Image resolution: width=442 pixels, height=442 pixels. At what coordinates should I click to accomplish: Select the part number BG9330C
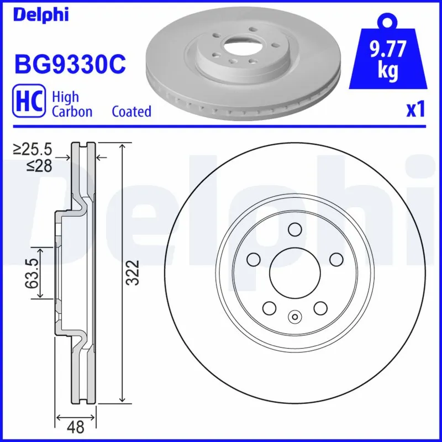click(70, 65)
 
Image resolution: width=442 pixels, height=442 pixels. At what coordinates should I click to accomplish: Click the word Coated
click(131, 112)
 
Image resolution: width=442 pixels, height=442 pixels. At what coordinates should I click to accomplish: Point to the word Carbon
click(72, 112)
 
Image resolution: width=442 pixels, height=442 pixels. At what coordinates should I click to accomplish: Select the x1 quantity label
click(415, 110)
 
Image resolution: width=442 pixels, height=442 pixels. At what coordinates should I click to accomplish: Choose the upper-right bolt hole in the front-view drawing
click(335, 259)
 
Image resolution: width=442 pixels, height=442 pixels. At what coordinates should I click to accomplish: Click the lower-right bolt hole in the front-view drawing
click(319, 307)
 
